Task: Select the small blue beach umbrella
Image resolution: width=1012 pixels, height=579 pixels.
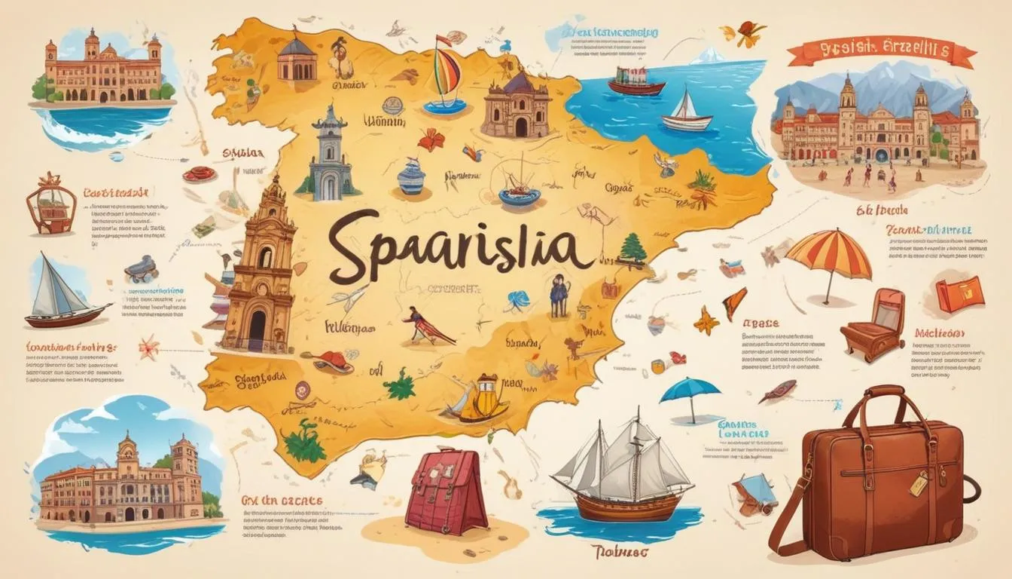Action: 690,393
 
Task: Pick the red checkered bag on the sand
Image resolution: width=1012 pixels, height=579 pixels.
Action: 446,490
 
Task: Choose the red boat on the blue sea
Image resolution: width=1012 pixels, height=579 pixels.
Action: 636,81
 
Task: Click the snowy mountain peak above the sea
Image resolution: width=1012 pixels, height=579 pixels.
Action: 708,55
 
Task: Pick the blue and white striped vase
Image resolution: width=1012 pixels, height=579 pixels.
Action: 411,177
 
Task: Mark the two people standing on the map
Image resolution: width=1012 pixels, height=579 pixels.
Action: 559,295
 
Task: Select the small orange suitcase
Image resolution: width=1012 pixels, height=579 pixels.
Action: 960,294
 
